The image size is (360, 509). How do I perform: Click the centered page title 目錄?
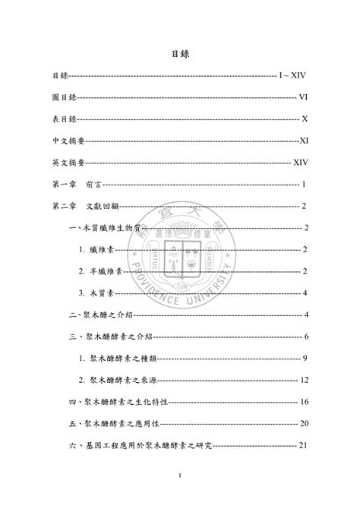pyautogui.click(x=179, y=55)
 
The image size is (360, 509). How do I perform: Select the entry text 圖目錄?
pyautogui.click(x=64, y=97)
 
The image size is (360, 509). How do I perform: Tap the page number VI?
pyautogui.click(x=302, y=97)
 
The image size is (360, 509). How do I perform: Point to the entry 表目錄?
pyautogui.click(x=64, y=119)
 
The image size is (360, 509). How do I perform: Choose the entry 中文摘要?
pyautogui.click(x=68, y=141)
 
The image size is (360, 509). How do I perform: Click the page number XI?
pyautogui.click(x=303, y=141)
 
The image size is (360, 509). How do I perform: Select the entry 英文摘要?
pyautogui.click(x=68, y=163)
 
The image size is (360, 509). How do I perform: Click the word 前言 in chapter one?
pyautogui.click(x=96, y=185)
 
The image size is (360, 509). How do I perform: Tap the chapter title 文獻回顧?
pyautogui.click(x=103, y=206)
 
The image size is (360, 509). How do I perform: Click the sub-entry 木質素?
pyautogui.click(x=100, y=293)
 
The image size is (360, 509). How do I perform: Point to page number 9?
pyautogui.click(x=304, y=358)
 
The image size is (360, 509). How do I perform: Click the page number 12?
pyautogui.click(x=302, y=380)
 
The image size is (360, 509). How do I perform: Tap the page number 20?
pyautogui.click(x=302, y=423)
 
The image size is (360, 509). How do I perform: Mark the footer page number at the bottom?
pyautogui.click(x=180, y=476)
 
